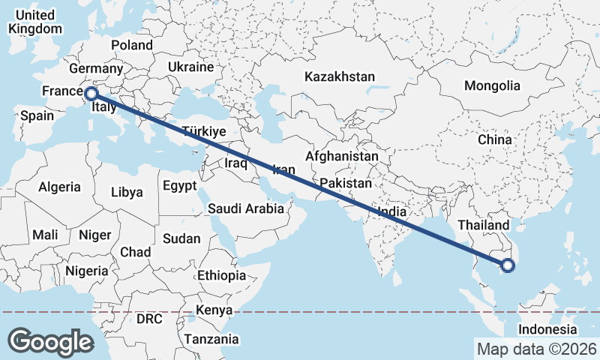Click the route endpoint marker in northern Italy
click(91, 94)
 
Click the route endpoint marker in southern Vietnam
click(508, 265)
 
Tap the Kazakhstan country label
click(339, 76)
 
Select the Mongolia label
click(491, 85)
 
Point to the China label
click(494, 139)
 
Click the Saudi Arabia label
click(246, 208)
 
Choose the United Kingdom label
click(34, 22)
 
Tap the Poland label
click(132, 45)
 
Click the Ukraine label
click(190, 67)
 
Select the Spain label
click(37, 115)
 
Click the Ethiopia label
click(221, 275)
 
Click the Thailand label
click(483, 225)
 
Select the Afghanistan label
click(341, 157)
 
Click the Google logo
click(50, 342)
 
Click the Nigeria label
click(87, 270)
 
